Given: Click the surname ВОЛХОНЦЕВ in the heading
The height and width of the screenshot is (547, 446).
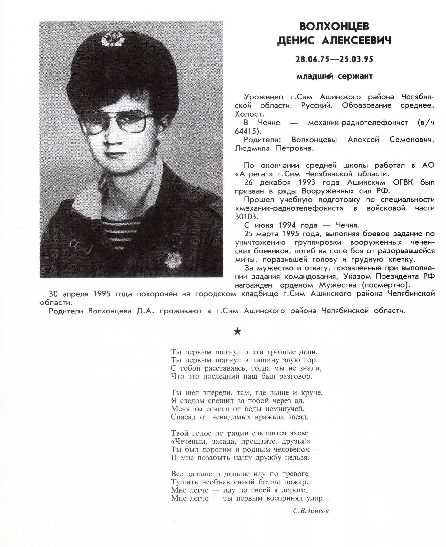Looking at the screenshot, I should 334,26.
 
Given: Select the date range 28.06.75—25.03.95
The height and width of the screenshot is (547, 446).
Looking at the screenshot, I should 334,59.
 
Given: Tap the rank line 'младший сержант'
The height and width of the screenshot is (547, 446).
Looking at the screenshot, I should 334,76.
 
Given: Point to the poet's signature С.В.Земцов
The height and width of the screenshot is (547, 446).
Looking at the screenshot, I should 311,511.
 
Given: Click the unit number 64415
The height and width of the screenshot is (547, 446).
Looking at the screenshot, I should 247,131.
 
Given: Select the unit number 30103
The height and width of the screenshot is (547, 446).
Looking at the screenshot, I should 246,217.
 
